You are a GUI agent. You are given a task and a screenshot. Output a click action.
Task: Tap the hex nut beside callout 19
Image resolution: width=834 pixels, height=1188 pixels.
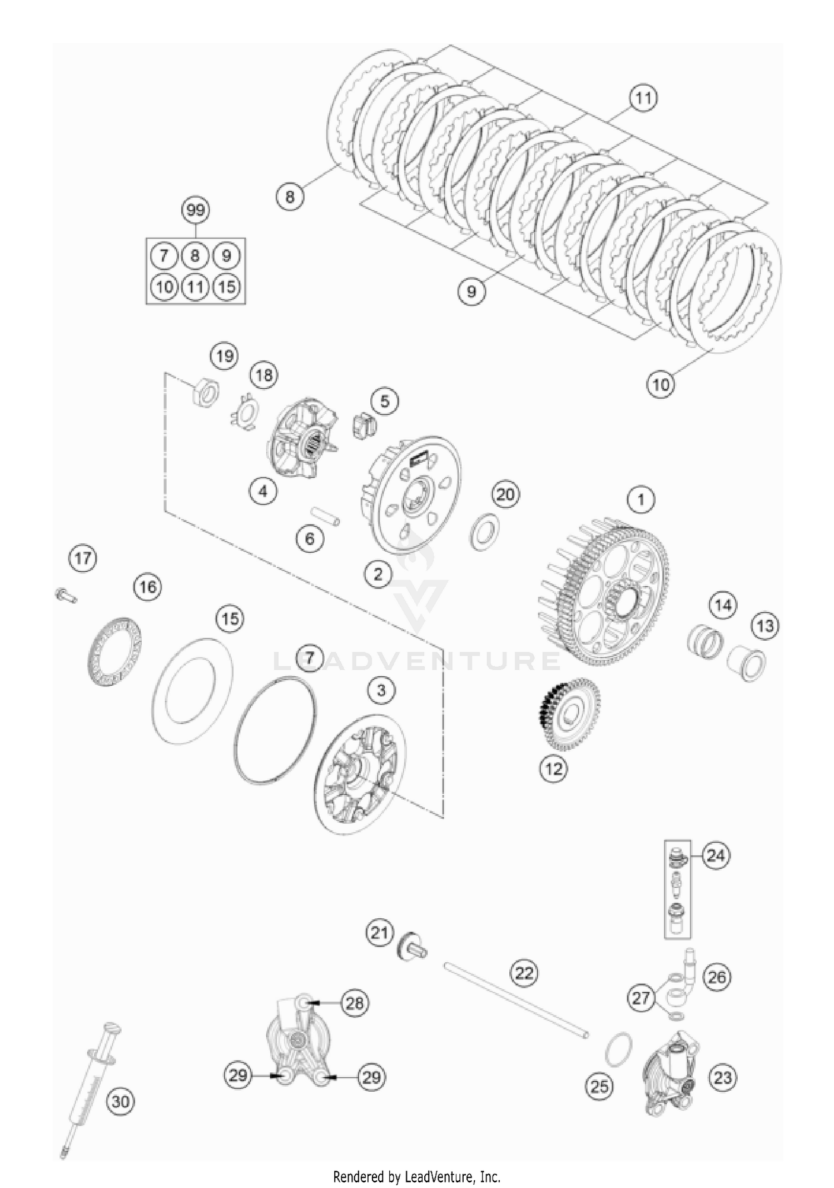[x=204, y=394]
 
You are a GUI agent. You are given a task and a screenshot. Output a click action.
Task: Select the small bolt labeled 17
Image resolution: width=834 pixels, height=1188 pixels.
[x=65, y=595]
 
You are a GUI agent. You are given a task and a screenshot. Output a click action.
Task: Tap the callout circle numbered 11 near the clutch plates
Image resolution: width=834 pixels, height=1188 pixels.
[x=643, y=98]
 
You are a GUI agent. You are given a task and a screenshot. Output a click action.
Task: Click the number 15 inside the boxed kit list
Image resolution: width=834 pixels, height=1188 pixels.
[x=227, y=287]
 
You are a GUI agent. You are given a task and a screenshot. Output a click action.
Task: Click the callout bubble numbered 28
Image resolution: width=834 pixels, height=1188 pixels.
[x=355, y=1003]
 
